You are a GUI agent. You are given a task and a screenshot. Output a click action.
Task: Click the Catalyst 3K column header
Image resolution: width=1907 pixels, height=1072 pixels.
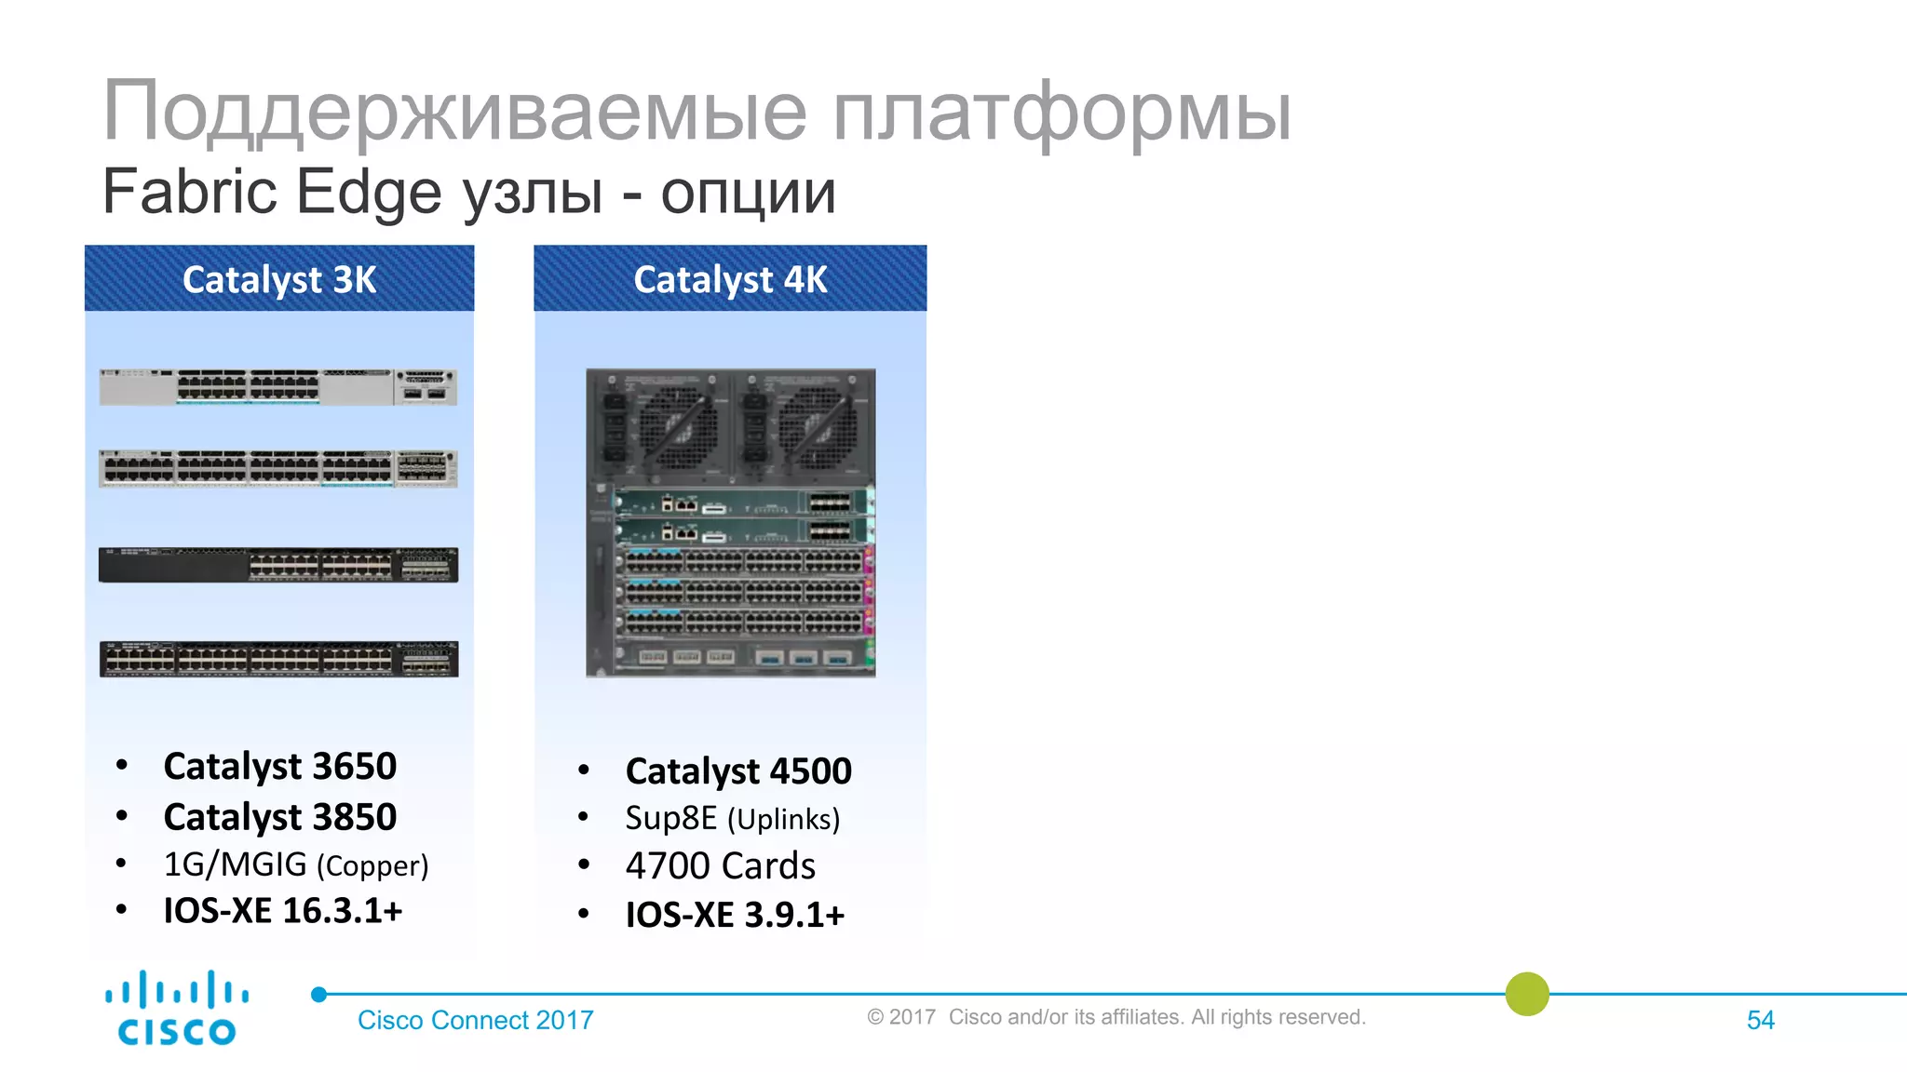(x=279, y=279)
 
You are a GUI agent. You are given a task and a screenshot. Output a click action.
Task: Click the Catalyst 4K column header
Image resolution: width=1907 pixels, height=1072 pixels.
(x=730, y=279)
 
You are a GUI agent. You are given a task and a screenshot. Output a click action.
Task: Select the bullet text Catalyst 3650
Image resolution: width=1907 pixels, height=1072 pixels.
(x=279, y=767)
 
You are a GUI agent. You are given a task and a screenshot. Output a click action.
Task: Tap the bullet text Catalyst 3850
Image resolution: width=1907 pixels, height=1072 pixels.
(x=279, y=817)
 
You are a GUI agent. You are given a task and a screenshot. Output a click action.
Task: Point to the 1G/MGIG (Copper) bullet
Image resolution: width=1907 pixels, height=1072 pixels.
(x=295, y=864)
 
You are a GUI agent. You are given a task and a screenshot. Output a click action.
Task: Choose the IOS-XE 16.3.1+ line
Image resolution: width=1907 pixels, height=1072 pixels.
(x=282, y=911)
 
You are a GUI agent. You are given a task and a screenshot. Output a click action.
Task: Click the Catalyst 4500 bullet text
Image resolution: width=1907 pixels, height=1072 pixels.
(x=738, y=771)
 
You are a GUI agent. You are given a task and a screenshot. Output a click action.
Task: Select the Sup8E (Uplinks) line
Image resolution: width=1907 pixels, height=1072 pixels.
(x=732, y=819)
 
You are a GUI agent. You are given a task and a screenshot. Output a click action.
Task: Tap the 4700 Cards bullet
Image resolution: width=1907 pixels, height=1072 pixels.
(x=720, y=866)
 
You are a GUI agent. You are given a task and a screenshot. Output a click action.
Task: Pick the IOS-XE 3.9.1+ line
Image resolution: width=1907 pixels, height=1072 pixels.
(x=735, y=915)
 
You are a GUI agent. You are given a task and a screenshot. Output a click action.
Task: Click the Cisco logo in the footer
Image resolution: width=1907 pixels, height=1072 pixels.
(x=177, y=1009)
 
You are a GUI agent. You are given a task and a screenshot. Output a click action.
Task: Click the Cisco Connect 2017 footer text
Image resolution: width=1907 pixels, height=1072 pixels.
(x=475, y=1021)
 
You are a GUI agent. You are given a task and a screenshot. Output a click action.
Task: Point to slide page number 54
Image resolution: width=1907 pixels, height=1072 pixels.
(x=1760, y=1021)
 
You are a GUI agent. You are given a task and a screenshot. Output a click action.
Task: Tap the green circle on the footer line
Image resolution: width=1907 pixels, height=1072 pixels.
(x=1527, y=994)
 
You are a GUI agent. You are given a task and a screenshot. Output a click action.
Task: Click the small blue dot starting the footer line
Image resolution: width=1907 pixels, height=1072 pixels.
(x=318, y=995)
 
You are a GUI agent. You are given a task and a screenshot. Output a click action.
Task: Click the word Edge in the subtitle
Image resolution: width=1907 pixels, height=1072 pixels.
(x=368, y=192)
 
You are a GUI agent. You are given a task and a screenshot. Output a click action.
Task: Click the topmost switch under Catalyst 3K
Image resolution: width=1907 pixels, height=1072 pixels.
(x=278, y=387)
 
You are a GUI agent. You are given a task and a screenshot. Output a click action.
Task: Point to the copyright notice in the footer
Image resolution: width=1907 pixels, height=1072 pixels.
(x=1116, y=1017)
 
